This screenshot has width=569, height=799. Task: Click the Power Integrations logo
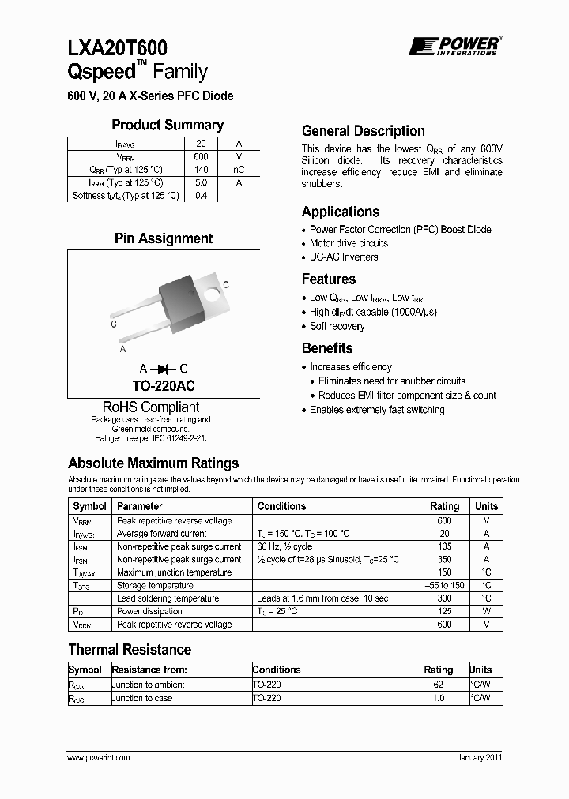click(454, 46)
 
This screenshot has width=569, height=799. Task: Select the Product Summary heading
click(167, 125)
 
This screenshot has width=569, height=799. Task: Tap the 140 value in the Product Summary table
click(201, 170)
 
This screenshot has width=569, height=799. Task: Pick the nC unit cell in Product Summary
click(238, 170)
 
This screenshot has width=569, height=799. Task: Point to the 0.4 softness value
click(201, 196)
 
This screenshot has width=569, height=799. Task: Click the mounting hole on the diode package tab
click(211, 294)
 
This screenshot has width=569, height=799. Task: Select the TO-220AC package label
click(164, 386)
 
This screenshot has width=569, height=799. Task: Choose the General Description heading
click(363, 131)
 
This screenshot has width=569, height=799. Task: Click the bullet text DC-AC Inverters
click(344, 257)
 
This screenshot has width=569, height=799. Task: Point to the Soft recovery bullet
click(337, 326)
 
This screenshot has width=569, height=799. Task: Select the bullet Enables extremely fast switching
click(377, 410)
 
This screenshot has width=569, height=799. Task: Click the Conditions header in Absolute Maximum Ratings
click(281, 506)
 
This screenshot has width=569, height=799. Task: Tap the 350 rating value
click(444, 559)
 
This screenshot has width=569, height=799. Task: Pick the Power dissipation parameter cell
click(149, 611)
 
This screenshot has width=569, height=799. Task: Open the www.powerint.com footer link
click(99, 757)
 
